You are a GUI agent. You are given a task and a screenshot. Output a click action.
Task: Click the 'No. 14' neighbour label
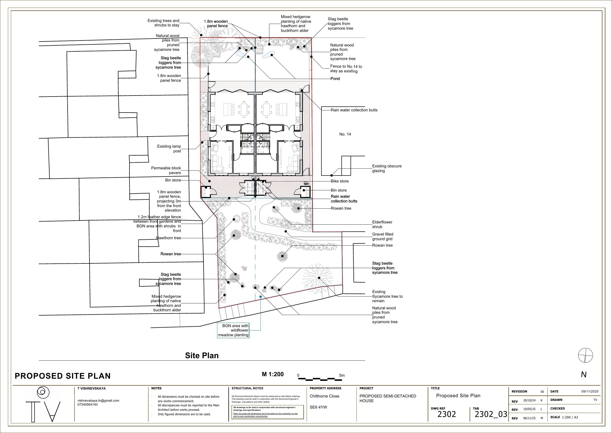345,134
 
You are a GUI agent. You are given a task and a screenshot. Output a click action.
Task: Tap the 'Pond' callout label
335,79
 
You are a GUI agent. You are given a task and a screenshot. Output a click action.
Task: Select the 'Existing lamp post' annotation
169,149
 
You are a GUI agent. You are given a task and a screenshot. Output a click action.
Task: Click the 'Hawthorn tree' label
168,238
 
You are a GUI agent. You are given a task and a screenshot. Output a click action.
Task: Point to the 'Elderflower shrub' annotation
382,224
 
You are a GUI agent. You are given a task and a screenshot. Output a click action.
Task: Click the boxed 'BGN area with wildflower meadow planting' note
233,330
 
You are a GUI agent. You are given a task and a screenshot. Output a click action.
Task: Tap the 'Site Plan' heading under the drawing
202,355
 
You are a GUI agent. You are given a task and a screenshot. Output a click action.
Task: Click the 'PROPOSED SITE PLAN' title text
63,376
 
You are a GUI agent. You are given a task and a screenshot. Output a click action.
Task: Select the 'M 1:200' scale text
273,374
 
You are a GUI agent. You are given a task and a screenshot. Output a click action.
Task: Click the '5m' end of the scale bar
342,375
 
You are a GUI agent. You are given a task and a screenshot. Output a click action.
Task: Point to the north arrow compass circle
586,355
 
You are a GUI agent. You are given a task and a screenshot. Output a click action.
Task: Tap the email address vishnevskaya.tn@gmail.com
98,400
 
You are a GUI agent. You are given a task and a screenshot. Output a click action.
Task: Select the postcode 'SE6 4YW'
318,407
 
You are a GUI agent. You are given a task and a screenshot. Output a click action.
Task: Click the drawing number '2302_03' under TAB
491,414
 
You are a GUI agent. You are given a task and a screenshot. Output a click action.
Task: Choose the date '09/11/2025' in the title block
590,392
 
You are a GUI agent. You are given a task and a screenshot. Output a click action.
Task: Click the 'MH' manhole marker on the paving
306,184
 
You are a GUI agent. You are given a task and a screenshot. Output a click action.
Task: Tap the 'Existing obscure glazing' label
387,168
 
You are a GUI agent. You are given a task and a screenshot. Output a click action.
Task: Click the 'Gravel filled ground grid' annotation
383,237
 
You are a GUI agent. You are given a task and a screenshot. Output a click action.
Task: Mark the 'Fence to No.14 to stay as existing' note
346,69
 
